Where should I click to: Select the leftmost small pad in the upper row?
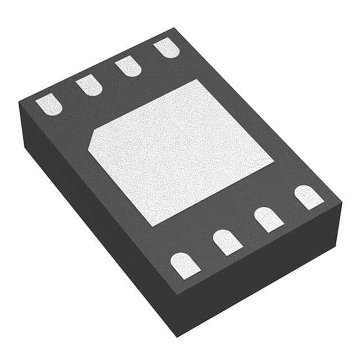click(x=49, y=105)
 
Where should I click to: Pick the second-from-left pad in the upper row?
click(x=89, y=85)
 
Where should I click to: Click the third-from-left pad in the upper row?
click(x=128, y=67)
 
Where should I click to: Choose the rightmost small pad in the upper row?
click(x=166, y=47)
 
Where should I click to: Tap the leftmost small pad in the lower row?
click(x=185, y=265)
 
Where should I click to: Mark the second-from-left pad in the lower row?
click(x=227, y=242)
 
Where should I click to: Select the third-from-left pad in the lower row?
click(x=269, y=219)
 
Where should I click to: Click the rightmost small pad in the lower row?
click(x=309, y=197)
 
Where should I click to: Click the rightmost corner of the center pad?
click(x=274, y=164)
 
